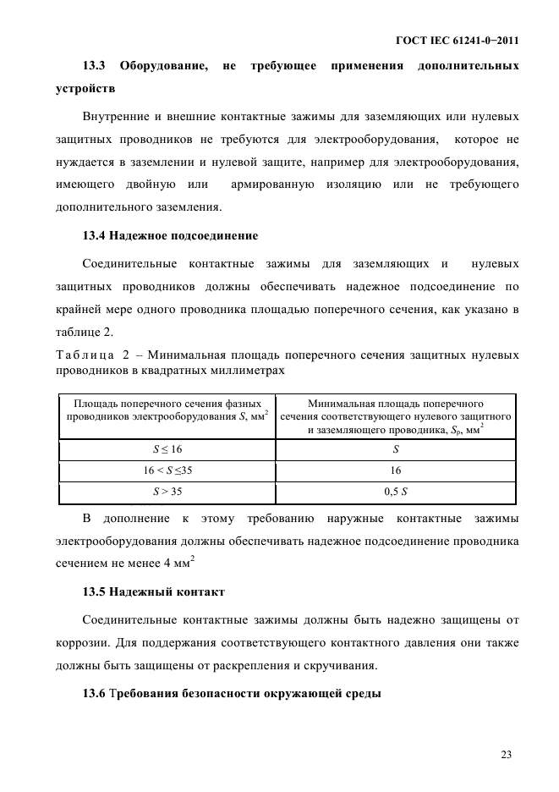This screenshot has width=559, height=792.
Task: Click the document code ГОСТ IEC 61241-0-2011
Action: pyautogui.click(x=458, y=40)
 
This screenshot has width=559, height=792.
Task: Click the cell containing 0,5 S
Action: pyautogui.click(x=396, y=491)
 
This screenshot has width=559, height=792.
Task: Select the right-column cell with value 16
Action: pyautogui.click(x=396, y=470)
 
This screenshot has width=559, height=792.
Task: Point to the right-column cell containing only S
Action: pyautogui.click(x=396, y=450)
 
